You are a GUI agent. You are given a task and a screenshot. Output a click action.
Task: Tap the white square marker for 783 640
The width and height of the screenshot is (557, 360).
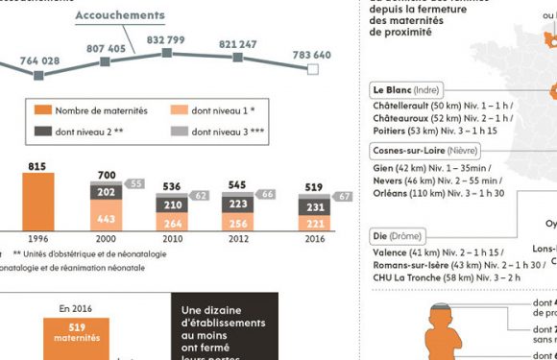pos(311,69)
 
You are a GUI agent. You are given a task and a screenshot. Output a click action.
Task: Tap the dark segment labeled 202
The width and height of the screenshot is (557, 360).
pos(106,193)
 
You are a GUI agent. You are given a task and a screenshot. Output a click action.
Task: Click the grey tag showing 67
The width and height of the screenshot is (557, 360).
pos(343,197)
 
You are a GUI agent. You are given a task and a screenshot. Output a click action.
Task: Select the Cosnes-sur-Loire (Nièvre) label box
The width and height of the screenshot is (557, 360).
pos(424,151)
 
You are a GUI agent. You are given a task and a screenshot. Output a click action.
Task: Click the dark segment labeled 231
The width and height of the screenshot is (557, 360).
pos(312,206)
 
